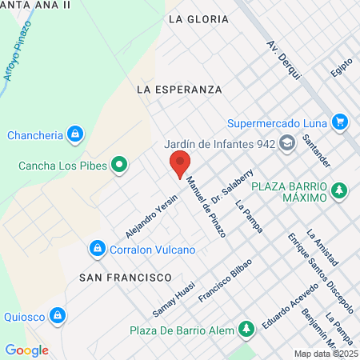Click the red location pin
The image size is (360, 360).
click(180, 164)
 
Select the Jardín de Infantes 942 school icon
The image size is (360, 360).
click(288, 144)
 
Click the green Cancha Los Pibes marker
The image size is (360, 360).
click(120, 166)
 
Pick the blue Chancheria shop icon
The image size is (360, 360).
click(75, 134)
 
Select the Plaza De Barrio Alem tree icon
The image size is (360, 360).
click(247, 329)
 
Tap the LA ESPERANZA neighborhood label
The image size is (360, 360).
click(179, 89)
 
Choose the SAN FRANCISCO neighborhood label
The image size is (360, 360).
click(126, 276)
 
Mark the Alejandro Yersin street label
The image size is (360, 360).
click(151, 217)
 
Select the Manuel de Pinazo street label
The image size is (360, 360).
click(206, 207)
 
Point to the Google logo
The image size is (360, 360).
click(26, 350)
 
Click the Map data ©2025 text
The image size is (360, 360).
click(326, 354)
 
